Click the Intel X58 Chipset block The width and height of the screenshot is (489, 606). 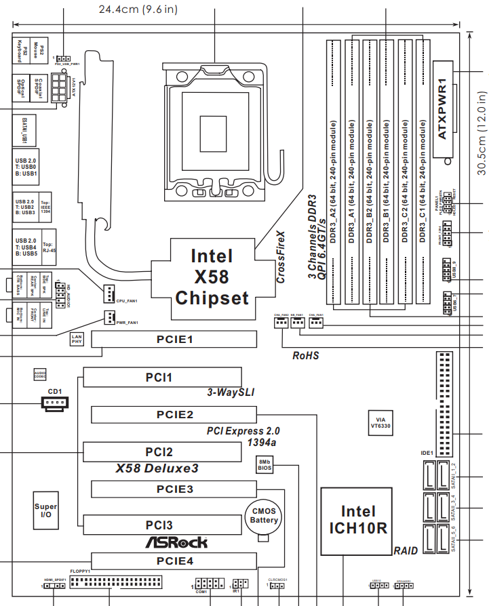[212, 276]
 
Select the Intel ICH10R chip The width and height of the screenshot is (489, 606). [357, 520]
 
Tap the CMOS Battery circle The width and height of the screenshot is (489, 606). [264, 516]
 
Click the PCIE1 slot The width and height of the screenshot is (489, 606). [175, 338]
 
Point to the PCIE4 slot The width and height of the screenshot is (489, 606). [175, 561]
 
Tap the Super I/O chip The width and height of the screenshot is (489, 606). [46, 511]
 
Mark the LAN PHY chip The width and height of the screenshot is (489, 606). [77, 339]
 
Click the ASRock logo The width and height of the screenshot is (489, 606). [176, 542]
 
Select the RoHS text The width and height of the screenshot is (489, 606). [305, 355]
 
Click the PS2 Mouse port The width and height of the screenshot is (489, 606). [41, 50]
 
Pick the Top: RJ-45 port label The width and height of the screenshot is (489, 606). [48, 247]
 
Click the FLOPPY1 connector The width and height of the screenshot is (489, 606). [115, 583]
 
